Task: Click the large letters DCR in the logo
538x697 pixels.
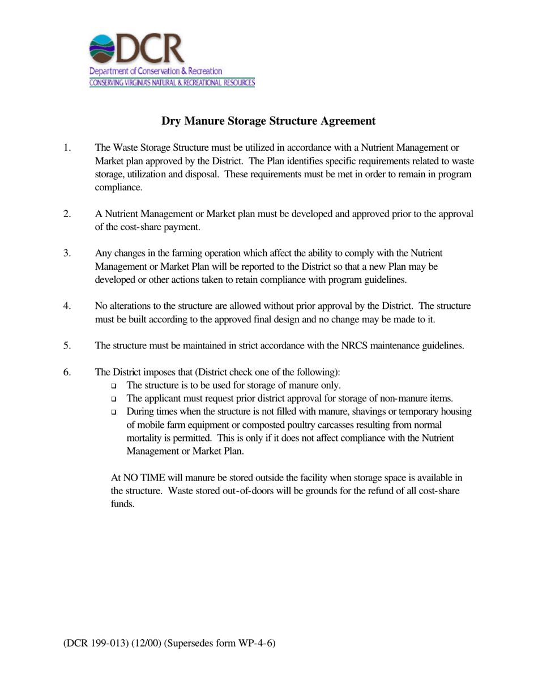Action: (x=150, y=49)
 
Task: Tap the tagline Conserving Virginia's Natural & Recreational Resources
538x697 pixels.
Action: (x=172, y=83)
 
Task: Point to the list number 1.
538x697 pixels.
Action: (x=67, y=148)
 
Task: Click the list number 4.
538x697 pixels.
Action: (x=67, y=306)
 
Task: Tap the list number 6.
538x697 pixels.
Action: (x=67, y=372)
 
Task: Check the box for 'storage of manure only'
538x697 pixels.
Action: (x=114, y=386)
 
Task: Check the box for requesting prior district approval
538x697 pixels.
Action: (x=114, y=399)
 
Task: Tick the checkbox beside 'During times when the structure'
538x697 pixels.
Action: (x=114, y=412)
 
